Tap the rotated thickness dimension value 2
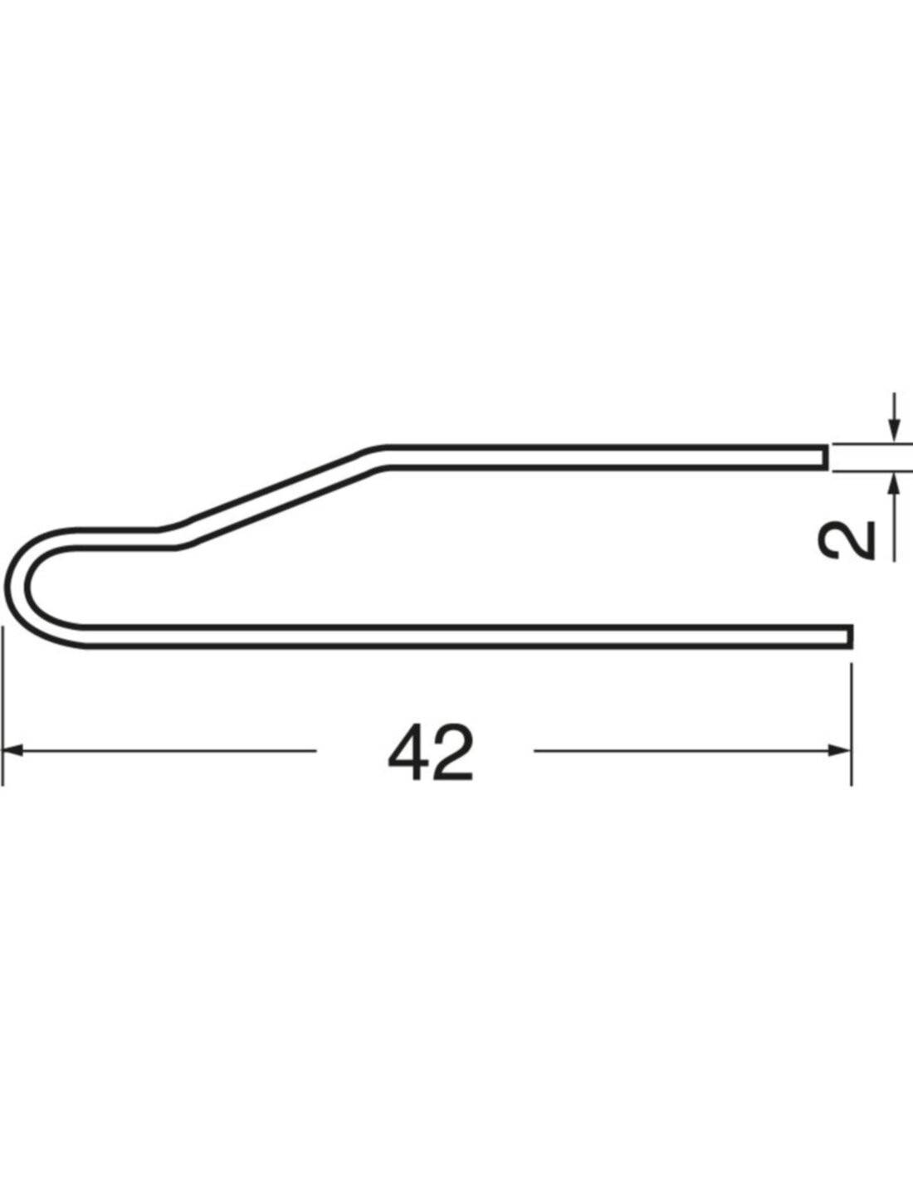pyautogui.click(x=847, y=540)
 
